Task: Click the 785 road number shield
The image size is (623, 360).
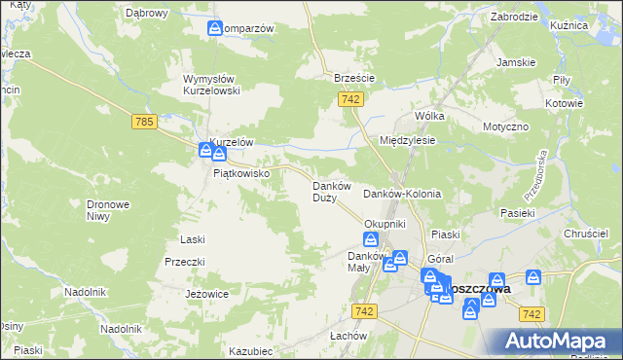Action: click(144, 121)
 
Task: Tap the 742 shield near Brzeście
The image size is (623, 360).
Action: click(352, 99)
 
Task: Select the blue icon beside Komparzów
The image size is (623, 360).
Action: click(215, 29)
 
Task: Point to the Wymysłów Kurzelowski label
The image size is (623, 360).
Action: click(218, 85)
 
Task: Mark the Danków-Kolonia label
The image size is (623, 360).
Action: click(402, 194)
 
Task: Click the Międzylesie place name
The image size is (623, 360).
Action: click(407, 140)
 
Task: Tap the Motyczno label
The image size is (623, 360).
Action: click(505, 127)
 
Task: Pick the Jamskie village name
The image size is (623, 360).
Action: click(516, 62)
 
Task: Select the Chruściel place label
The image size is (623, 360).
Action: click(587, 234)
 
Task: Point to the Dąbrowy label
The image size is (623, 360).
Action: click(147, 14)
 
